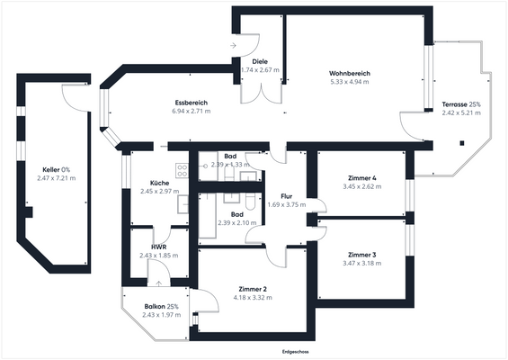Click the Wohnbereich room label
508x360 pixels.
350,73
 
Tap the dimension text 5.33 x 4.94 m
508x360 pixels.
350,82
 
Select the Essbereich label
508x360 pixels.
191,102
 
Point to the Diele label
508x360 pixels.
260,61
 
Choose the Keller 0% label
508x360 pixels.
57,169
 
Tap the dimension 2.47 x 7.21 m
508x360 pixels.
57,178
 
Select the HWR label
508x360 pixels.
158,247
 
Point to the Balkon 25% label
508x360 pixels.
161,307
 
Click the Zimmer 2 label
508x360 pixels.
253,288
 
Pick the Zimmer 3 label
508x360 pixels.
362,255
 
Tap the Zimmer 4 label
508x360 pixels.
362,177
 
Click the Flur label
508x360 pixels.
287,195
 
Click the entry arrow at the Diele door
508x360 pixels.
234,44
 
